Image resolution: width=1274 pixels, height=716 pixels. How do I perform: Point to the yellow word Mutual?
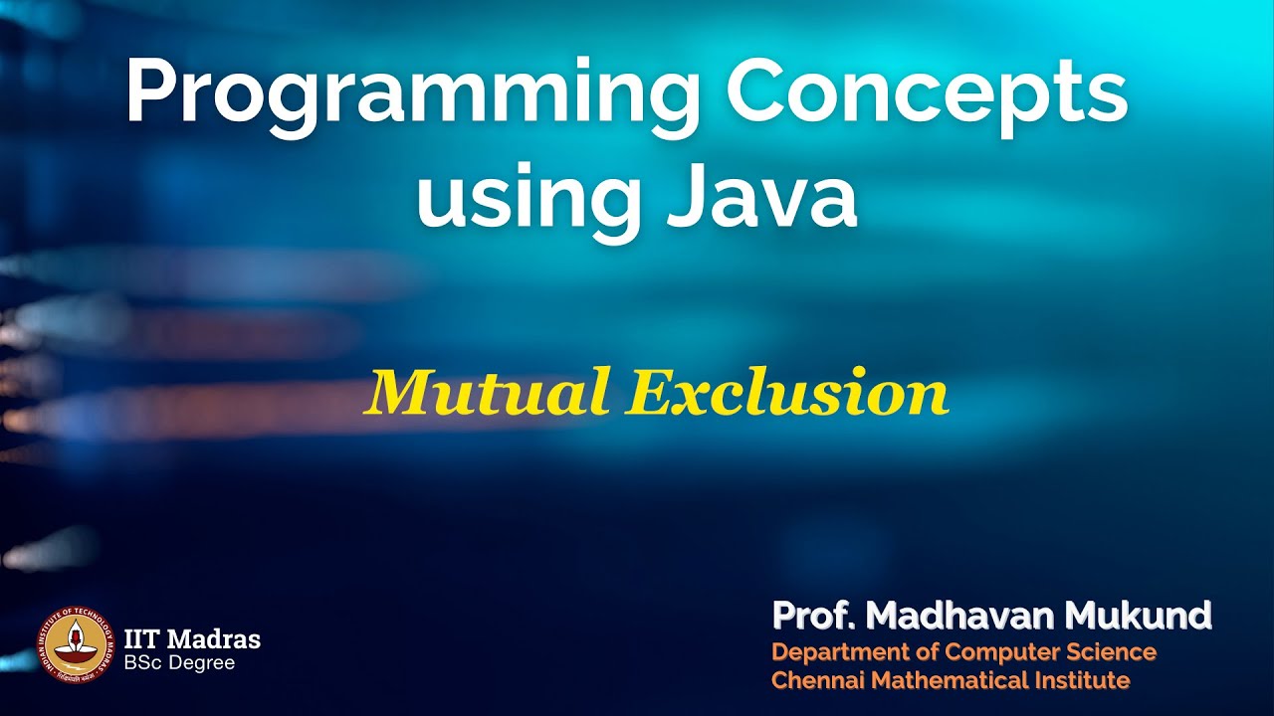click(x=487, y=393)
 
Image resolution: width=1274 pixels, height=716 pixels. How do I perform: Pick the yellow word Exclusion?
click(x=787, y=393)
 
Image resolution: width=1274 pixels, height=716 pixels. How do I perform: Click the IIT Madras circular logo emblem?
click(x=76, y=645)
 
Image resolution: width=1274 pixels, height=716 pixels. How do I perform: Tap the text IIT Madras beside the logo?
click(x=192, y=638)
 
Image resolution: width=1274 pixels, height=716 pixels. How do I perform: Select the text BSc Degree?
click(x=179, y=662)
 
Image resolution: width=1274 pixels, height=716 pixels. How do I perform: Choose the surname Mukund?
click(x=1139, y=617)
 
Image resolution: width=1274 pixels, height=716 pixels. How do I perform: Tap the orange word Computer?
click(x=1005, y=652)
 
